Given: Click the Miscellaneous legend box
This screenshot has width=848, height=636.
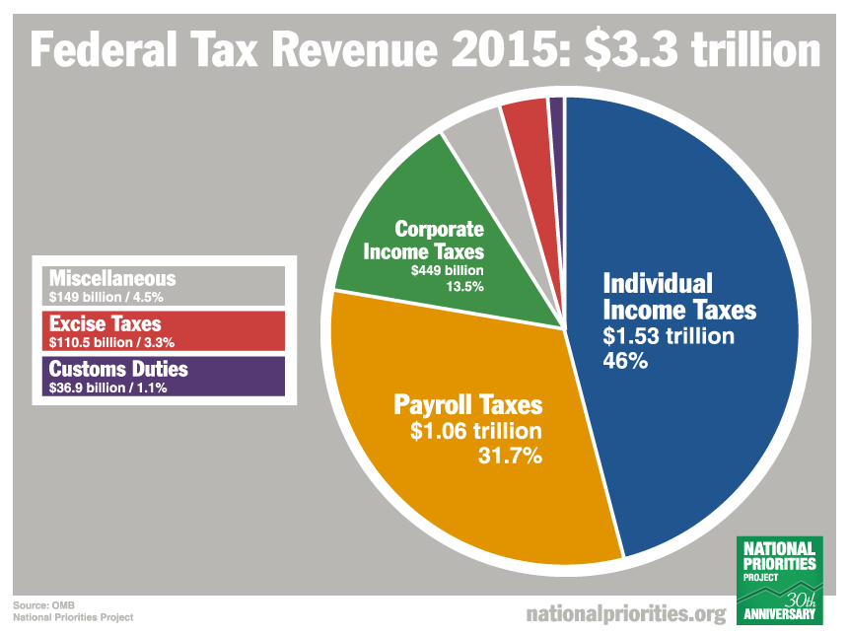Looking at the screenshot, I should [159, 285].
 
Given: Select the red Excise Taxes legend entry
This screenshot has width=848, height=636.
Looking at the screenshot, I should [159, 329].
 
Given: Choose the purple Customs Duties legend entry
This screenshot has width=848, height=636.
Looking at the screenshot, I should [159, 375].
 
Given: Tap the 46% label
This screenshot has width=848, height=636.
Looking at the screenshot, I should [624, 361].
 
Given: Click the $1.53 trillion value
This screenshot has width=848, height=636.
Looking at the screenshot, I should [669, 336].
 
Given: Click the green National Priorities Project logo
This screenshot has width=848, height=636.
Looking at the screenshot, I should [779, 582].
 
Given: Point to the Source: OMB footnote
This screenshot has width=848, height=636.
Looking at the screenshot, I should [44, 604].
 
